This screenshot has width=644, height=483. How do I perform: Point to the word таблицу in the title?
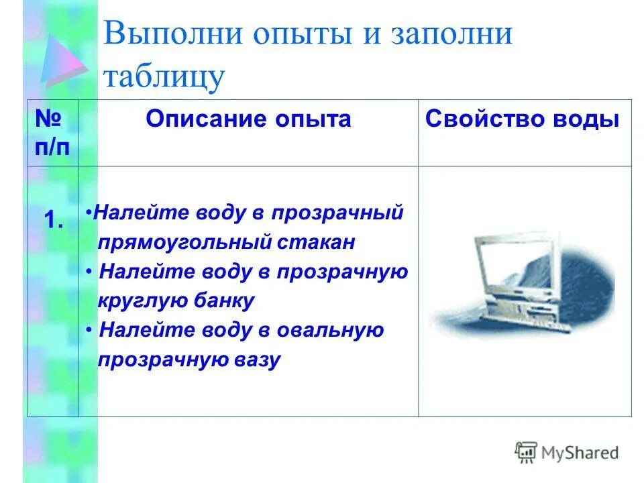(164, 76)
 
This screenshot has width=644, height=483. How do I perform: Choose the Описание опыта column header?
(248, 119)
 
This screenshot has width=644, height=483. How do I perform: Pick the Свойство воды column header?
(523, 119)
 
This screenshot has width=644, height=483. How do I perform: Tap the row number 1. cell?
(53, 221)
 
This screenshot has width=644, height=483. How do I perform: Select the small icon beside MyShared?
(526, 453)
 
